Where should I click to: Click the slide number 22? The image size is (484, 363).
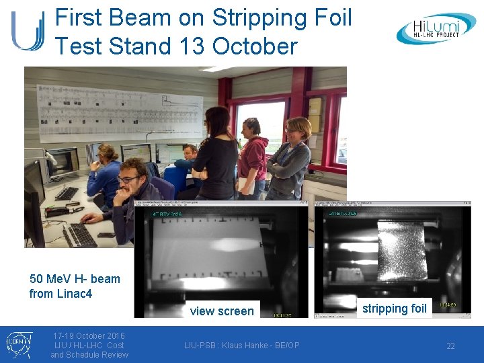[450, 346]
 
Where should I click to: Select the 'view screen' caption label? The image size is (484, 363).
[222, 311]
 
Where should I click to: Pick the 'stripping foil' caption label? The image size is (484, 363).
[394, 308]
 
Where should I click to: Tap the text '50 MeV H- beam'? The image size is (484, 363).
[75, 279]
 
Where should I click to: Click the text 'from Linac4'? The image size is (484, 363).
[61, 294]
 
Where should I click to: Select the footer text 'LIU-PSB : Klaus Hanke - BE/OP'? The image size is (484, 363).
[241, 346]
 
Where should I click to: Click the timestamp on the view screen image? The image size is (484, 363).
[282, 314]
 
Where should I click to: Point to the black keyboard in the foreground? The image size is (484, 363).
[79, 235]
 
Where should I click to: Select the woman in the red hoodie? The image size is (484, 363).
[253, 158]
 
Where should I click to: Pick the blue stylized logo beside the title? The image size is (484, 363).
[27, 31]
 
